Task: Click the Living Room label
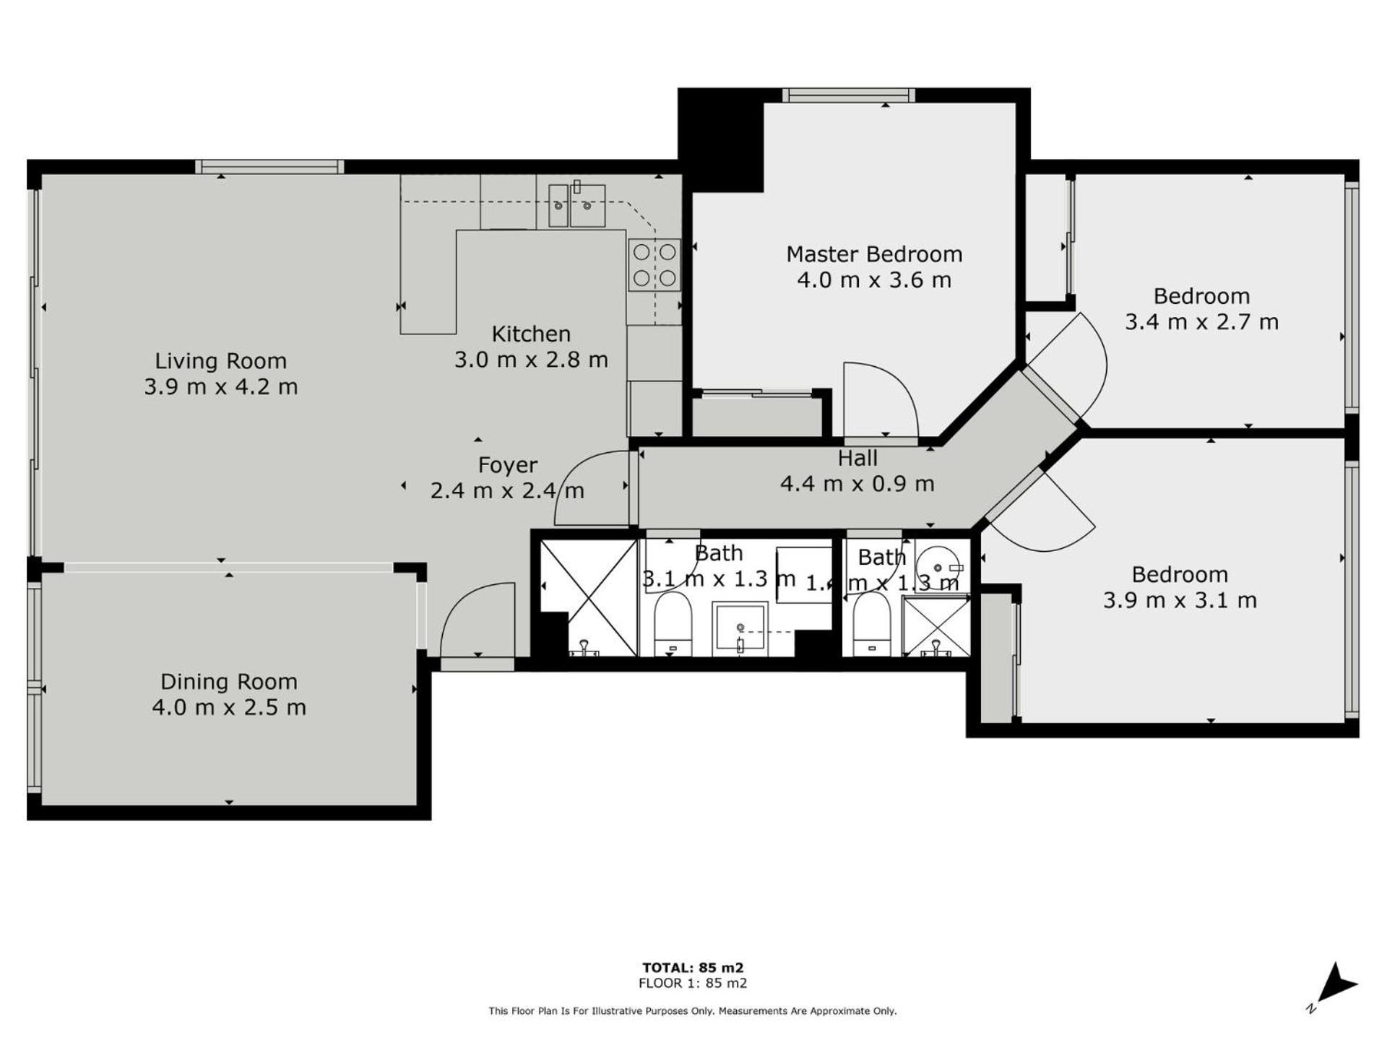pos(221,360)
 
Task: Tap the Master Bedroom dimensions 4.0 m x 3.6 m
pos(874,279)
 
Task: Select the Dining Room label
pos(229,681)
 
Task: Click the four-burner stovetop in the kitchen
pos(654,265)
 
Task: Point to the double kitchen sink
pos(576,205)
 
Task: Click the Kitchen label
pos(531,334)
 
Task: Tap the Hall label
pos(857,458)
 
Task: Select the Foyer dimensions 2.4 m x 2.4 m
pos(507,490)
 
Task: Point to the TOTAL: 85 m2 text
pos(693,968)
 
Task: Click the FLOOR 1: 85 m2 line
pos(693,983)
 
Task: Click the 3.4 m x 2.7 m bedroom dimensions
pos(1201,321)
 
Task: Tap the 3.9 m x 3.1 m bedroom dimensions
pos(1180,600)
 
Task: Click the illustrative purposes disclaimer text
pos(693,1011)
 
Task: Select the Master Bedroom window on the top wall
pos(849,95)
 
